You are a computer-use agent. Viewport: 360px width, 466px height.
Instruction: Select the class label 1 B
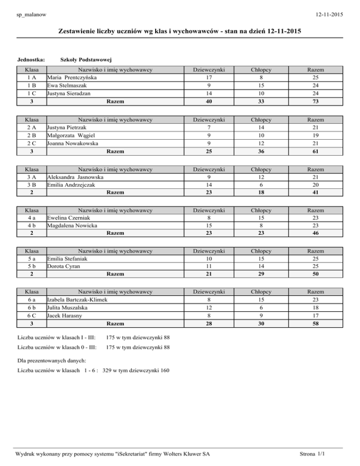tap(31, 85)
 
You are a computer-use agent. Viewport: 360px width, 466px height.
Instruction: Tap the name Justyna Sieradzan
tap(70, 93)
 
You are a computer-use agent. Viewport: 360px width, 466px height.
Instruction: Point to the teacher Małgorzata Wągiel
tap(73, 135)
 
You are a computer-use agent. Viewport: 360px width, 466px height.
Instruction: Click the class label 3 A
tap(31, 177)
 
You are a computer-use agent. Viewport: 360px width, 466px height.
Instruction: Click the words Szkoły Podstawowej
tap(86, 60)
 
